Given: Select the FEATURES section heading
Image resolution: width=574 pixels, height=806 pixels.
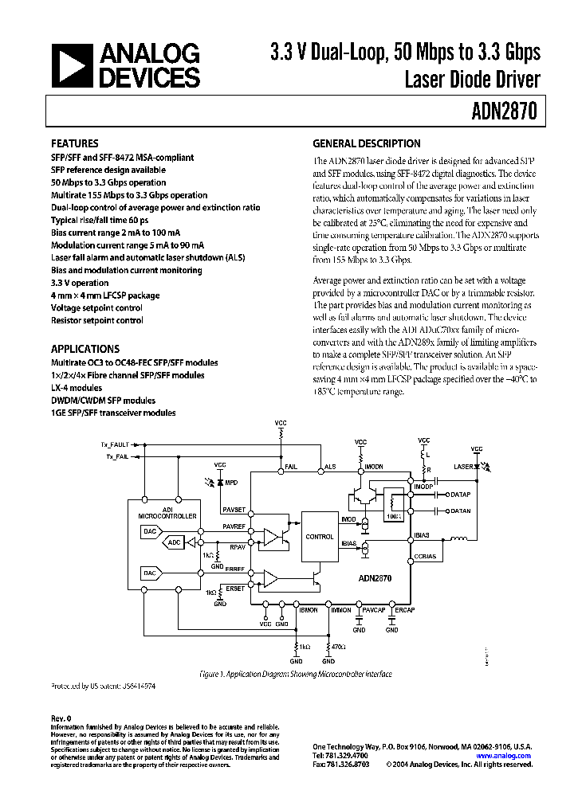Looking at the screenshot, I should pyautogui.click(x=75, y=144).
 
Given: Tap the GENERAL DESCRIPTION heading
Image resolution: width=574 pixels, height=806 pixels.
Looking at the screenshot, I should pyautogui.click(x=366, y=144).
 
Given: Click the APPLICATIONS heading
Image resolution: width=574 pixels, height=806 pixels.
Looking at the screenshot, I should pyautogui.click(x=85, y=349).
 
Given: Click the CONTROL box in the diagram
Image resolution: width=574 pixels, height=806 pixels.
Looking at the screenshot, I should pyautogui.click(x=320, y=537).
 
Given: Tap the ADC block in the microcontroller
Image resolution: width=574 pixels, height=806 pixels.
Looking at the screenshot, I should pyautogui.click(x=175, y=542).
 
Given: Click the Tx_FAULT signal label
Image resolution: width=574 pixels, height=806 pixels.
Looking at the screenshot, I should pyautogui.click(x=114, y=443).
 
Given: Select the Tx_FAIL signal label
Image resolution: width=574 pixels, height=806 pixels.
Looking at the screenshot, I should pyautogui.click(x=116, y=457).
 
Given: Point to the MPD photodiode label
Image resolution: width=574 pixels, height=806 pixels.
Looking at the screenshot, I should pyautogui.click(x=231, y=483).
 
